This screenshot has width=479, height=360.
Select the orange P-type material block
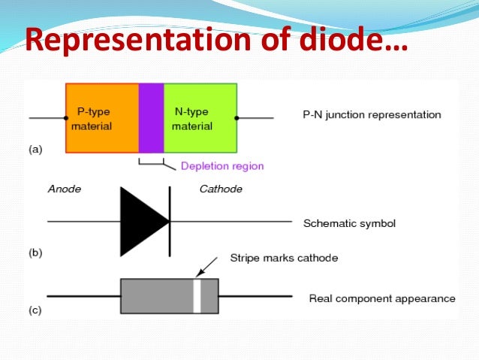point(101,118)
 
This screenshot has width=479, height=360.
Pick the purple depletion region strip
point(151,118)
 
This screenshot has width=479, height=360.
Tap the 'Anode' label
point(64,189)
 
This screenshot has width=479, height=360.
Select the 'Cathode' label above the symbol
point(221,189)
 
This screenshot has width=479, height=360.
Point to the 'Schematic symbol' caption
point(349,223)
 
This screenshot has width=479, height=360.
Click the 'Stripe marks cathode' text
point(284,258)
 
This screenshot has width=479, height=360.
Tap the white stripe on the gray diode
point(197,296)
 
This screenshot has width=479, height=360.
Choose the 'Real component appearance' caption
point(382,298)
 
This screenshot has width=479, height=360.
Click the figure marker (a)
point(36,150)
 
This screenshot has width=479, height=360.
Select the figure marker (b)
point(36,253)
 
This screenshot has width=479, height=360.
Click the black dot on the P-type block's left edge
point(66,118)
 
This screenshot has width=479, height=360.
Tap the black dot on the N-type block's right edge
point(237,118)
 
